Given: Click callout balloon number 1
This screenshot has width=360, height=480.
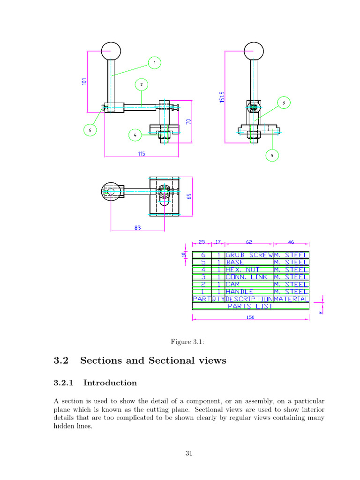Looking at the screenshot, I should (x=154, y=62).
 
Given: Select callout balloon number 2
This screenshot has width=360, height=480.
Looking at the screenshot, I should (x=142, y=85).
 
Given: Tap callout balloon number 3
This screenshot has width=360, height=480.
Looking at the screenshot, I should (x=283, y=103).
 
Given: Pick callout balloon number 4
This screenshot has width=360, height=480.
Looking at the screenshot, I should (x=135, y=135).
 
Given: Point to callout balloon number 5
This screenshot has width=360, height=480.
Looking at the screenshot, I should (x=272, y=155).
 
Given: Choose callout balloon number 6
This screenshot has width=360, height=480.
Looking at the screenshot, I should (x=90, y=129).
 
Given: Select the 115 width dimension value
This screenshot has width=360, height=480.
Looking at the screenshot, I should (x=141, y=153).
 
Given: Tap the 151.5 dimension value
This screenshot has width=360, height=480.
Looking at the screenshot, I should (x=222, y=98).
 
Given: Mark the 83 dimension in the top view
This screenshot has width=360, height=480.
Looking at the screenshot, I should (x=137, y=228).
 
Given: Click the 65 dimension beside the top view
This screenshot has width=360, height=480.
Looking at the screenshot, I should (x=190, y=196).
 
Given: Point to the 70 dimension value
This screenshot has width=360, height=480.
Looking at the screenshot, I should (x=188, y=121).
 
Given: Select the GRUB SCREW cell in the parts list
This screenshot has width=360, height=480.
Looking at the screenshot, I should (x=248, y=255).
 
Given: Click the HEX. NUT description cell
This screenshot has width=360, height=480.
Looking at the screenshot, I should (x=248, y=270).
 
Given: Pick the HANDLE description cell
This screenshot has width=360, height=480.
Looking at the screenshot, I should (x=248, y=292).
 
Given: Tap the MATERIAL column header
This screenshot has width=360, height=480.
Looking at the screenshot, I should (x=291, y=299).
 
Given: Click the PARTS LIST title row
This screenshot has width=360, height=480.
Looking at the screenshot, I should (x=250, y=307).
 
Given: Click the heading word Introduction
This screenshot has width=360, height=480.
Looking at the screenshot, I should (x=110, y=383).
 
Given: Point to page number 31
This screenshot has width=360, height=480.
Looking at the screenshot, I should (x=189, y=453).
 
